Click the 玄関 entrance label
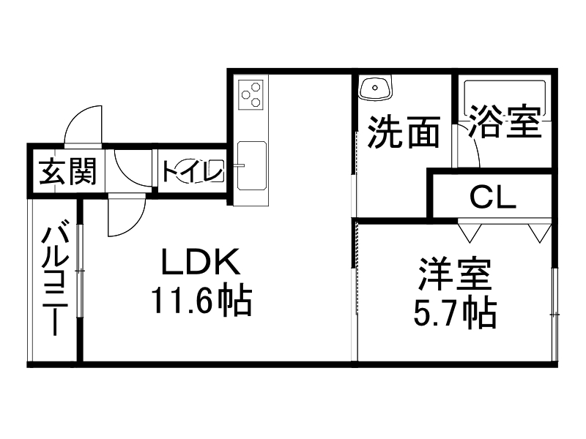67,173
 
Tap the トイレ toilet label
192,173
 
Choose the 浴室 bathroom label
505,121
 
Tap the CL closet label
492,196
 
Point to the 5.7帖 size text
454,313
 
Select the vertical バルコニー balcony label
54,279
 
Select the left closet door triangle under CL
469,231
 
